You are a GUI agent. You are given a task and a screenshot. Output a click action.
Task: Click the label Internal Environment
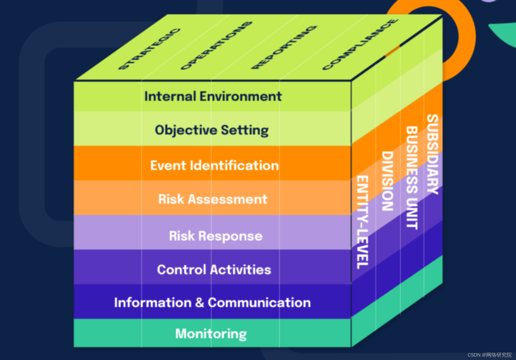coord(213,96)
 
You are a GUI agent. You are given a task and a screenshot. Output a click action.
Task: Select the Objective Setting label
coord(212,130)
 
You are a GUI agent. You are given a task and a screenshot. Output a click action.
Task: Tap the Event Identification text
coord(214,165)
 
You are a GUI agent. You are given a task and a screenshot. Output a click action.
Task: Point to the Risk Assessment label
coord(213,199)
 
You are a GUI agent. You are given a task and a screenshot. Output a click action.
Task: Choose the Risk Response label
coord(216,236)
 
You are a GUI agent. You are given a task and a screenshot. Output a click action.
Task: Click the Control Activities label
coord(214,270)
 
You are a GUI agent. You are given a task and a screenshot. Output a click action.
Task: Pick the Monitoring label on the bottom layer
coord(211,334)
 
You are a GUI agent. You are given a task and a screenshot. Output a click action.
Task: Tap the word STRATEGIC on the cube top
coord(149,49)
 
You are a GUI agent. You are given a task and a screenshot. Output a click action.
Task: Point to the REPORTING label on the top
coord(284,47)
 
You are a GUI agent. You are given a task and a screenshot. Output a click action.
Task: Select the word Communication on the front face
coord(259,303)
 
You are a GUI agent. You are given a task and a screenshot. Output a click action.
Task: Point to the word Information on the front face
coord(153,303)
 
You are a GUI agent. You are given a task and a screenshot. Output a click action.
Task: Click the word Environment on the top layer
coord(241,96)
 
